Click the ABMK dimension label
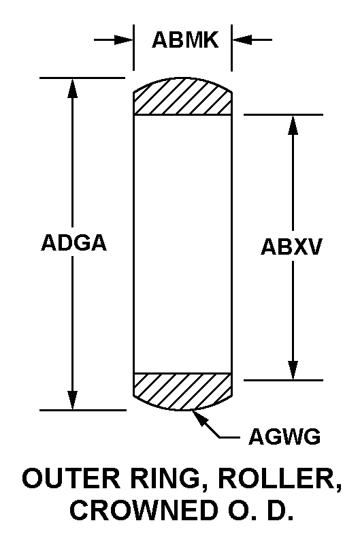[x=185, y=39]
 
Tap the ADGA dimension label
[x=73, y=242]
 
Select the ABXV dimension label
[x=291, y=247]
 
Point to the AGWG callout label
[x=284, y=436]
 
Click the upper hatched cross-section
[x=182, y=97]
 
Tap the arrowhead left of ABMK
[x=124, y=39]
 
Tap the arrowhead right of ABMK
[x=242, y=39]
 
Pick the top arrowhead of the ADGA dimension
[x=72, y=88]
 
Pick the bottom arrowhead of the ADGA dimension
[x=72, y=400]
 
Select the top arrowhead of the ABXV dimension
[x=293, y=125]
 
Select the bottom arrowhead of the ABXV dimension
[x=293, y=370]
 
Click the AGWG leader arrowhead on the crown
[x=199, y=417]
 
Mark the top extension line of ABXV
[x=284, y=114]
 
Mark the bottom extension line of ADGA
[x=83, y=410]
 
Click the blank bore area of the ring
[x=182, y=244]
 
